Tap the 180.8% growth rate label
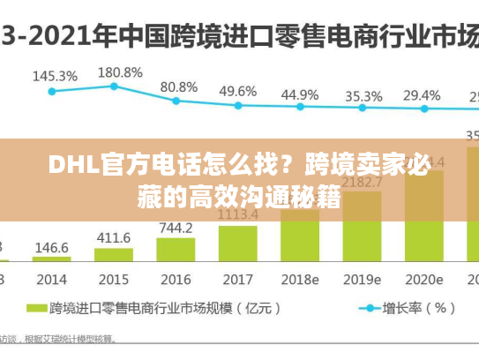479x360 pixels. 119,71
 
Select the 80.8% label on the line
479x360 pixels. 178,86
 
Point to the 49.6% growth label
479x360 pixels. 238,91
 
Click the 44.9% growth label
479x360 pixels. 300,94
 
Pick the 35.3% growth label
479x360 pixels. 363,95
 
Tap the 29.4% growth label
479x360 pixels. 422,94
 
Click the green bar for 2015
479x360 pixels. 113,254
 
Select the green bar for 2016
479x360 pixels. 176,250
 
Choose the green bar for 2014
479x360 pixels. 52,259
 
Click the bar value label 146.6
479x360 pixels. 52,248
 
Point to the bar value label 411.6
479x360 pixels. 113,238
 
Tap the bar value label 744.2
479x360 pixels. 176,228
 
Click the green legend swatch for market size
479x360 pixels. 36,309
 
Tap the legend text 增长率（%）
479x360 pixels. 419,309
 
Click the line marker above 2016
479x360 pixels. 176,101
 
